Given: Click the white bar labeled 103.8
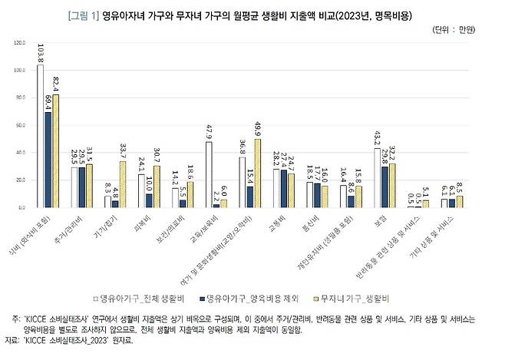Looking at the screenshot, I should (x=40, y=137).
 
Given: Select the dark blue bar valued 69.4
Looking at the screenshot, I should (x=48, y=160).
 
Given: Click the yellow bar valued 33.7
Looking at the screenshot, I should (x=122, y=184).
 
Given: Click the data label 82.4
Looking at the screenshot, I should (x=55, y=83).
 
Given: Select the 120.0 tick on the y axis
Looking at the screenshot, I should (x=19, y=43).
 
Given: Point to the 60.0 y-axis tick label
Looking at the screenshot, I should (x=20, y=125).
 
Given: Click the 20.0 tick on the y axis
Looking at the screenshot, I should (x=20, y=180).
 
